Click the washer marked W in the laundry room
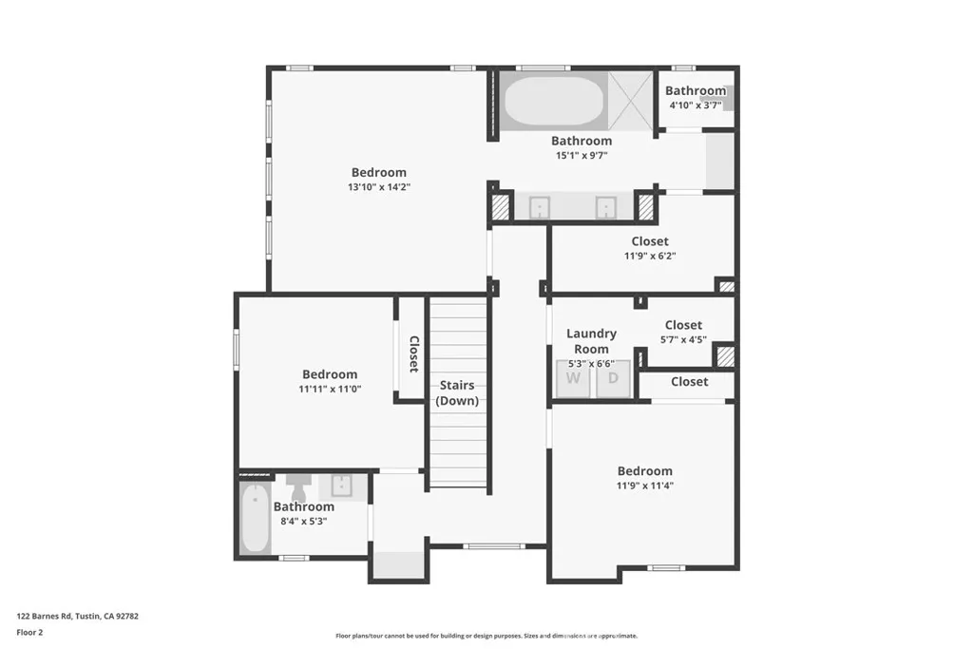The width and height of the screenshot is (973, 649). point(573,378)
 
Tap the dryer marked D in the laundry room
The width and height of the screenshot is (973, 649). point(613,378)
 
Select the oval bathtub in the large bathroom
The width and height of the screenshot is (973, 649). point(552,102)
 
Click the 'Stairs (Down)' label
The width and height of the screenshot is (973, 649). point(457,393)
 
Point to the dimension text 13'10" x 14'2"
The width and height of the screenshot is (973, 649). point(378,187)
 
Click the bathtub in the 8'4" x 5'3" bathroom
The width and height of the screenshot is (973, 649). point(256,519)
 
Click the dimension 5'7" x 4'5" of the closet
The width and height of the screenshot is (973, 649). point(683,338)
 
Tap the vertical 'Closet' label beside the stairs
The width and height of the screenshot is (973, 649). point(413,353)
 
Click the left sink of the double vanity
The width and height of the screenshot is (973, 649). point(539,207)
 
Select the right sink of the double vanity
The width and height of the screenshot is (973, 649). point(606,207)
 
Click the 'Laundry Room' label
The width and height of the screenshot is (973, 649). point(591,341)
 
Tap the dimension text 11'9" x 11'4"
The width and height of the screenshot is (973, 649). point(644,486)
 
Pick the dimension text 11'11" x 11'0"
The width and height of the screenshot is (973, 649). point(331,389)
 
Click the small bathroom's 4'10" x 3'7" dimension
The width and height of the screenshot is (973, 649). point(695,105)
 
